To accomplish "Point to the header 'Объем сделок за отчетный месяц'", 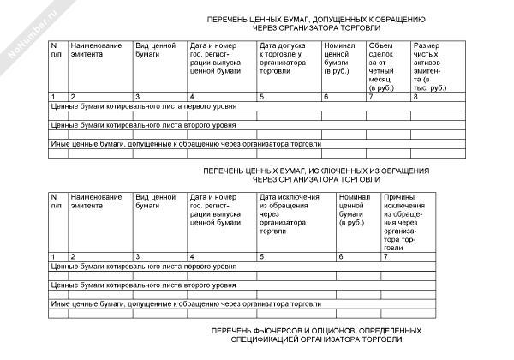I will [x=381, y=66].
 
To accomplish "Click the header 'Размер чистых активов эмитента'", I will [x=429, y=66].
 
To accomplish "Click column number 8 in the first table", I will [x=415, y=97].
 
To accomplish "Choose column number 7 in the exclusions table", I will [x=387, y=256].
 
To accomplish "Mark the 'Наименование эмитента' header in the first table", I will [x=96, y=49].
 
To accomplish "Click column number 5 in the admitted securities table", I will [x=261, y=97].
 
